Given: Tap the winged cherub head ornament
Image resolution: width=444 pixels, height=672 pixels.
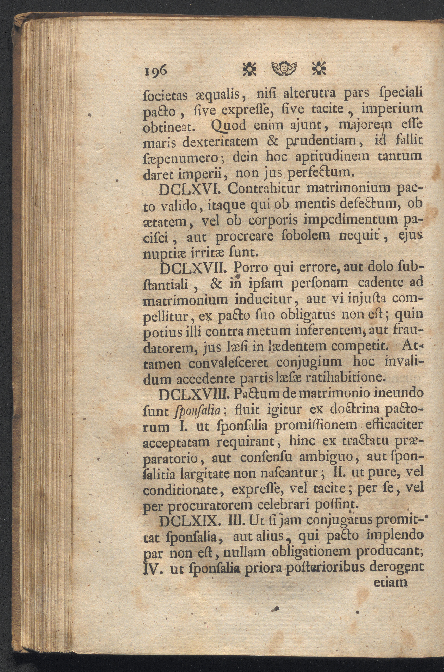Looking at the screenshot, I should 284,69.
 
